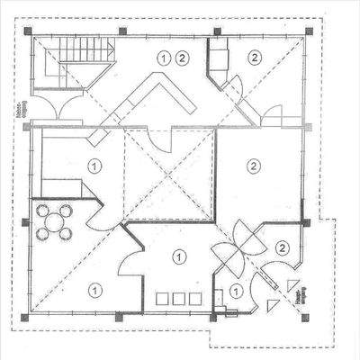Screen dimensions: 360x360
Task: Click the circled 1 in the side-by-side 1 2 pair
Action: click(164, 58)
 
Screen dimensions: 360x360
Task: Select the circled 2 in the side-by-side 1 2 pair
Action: click(183, 58)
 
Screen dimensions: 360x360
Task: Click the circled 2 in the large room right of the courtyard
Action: click(255, 166)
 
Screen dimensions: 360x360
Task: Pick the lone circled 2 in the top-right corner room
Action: click(255, 58)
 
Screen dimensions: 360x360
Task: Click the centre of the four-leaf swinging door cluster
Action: click(237, 247)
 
